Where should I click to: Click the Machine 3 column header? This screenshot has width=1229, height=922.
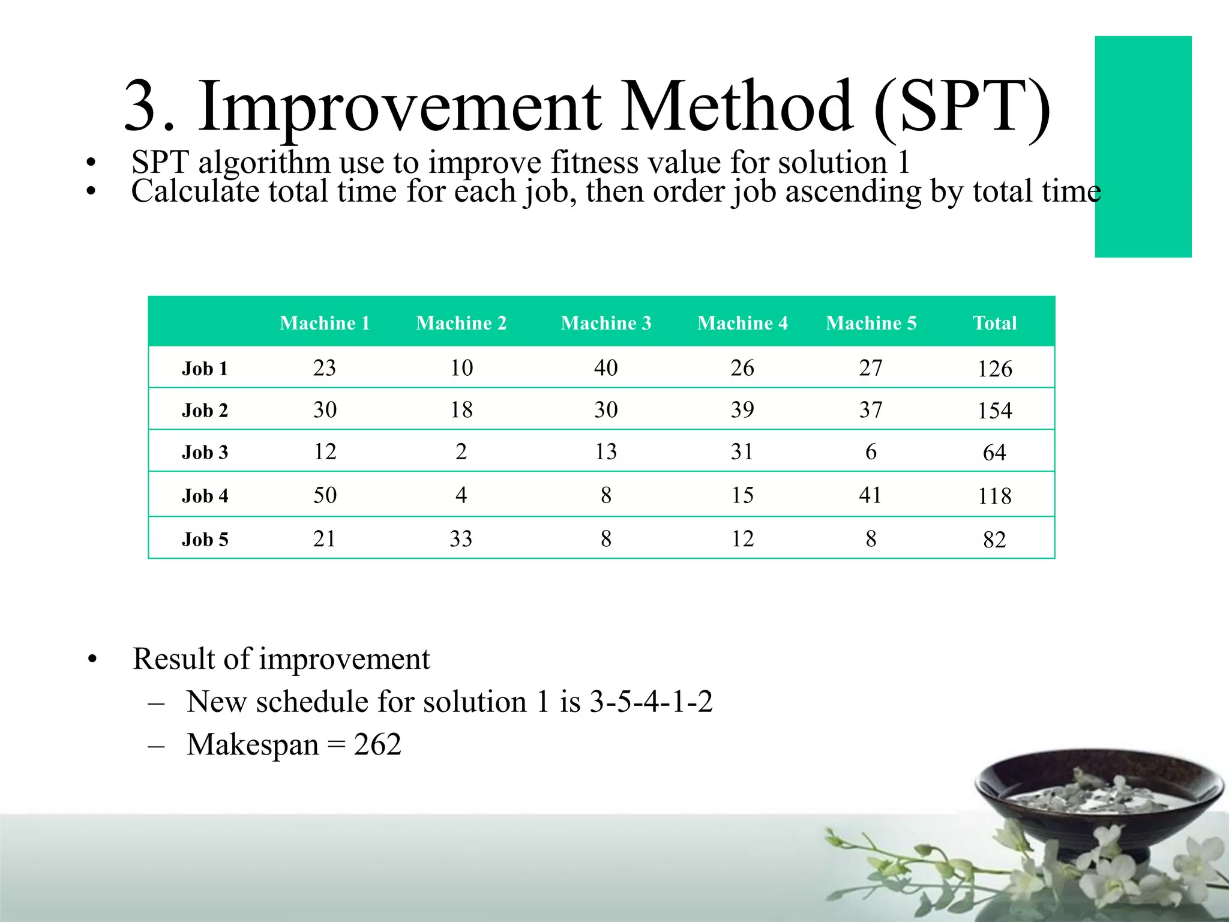605,323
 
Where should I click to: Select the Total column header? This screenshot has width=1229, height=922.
994,323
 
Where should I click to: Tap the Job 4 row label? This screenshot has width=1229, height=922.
205,496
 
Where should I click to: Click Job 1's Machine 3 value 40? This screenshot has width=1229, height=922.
605,367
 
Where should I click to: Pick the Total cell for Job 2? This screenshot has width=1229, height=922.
994,411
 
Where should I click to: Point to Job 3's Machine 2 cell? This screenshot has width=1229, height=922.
461,451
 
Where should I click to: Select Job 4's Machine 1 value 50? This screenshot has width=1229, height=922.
325,495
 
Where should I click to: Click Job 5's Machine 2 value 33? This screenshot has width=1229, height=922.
461,538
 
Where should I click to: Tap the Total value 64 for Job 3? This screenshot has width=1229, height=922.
994,453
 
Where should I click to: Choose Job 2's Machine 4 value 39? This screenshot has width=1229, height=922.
742,409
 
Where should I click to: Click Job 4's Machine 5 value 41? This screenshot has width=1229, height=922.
870,495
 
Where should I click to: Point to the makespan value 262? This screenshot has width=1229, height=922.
377,745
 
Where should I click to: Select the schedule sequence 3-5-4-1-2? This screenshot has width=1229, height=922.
651,702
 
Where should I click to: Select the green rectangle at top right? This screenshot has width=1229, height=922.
1143,146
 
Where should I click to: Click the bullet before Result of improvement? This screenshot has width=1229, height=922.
92,660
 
